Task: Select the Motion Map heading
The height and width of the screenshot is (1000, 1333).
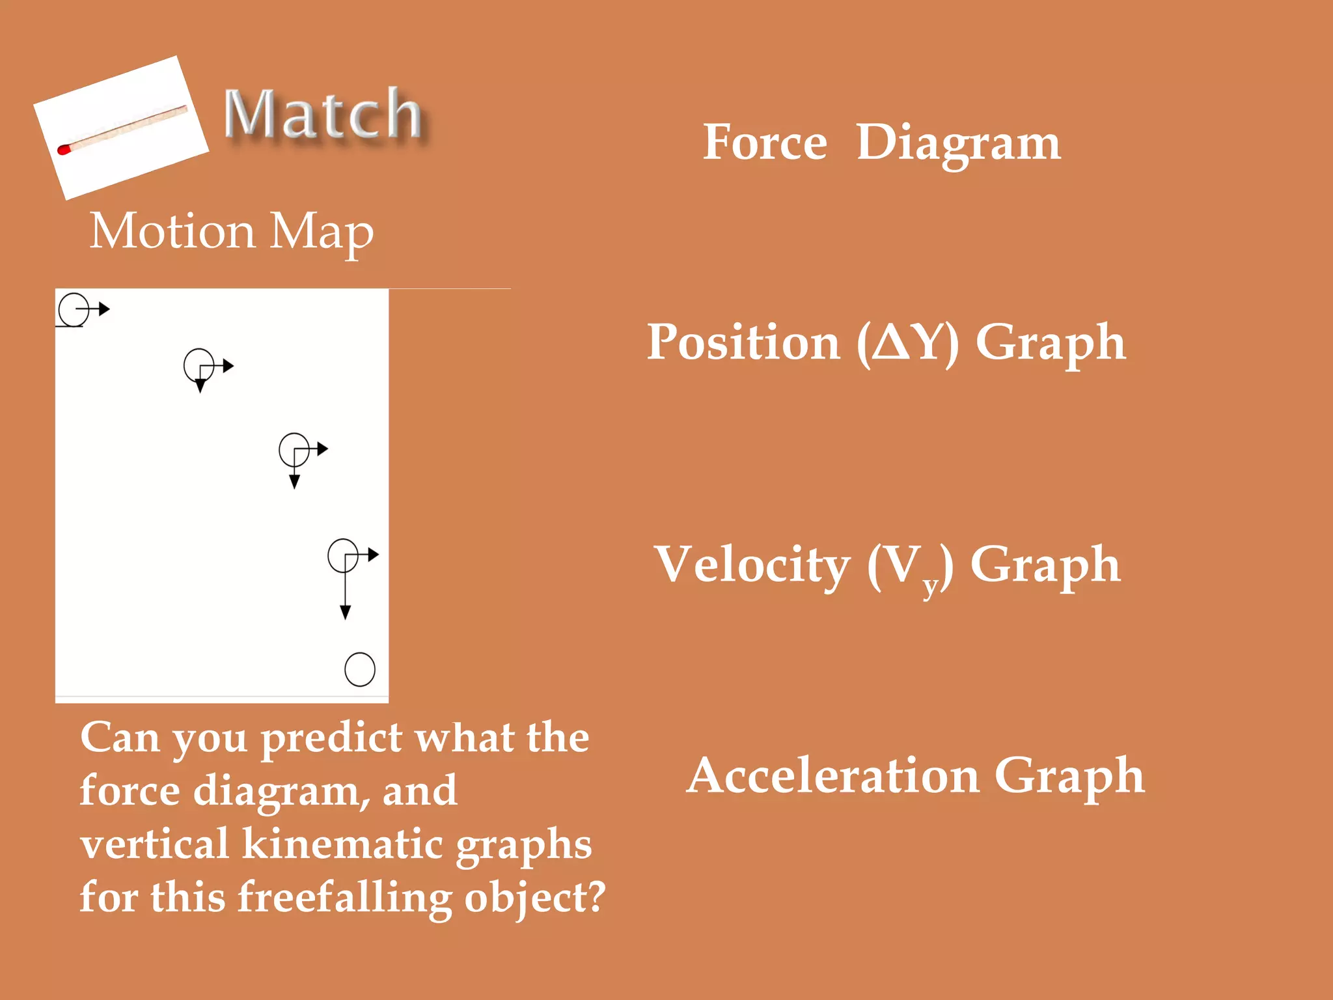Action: pos(232,231)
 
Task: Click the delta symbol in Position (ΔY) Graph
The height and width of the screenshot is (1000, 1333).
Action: pos(890,342)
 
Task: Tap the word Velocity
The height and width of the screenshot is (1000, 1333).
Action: pos(752,564)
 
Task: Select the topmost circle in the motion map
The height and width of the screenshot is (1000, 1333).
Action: pos(74,309)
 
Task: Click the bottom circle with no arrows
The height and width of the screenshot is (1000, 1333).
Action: pos(359,669)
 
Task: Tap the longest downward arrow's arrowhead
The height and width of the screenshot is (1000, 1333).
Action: pos(346,612)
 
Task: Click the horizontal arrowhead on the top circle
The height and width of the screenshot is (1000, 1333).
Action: pos(103,309)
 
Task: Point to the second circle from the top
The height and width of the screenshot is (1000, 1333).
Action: pos(199,365)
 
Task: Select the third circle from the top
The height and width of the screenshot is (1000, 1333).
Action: pos(294,449)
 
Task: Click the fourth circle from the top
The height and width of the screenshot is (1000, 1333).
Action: pos(343,555)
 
